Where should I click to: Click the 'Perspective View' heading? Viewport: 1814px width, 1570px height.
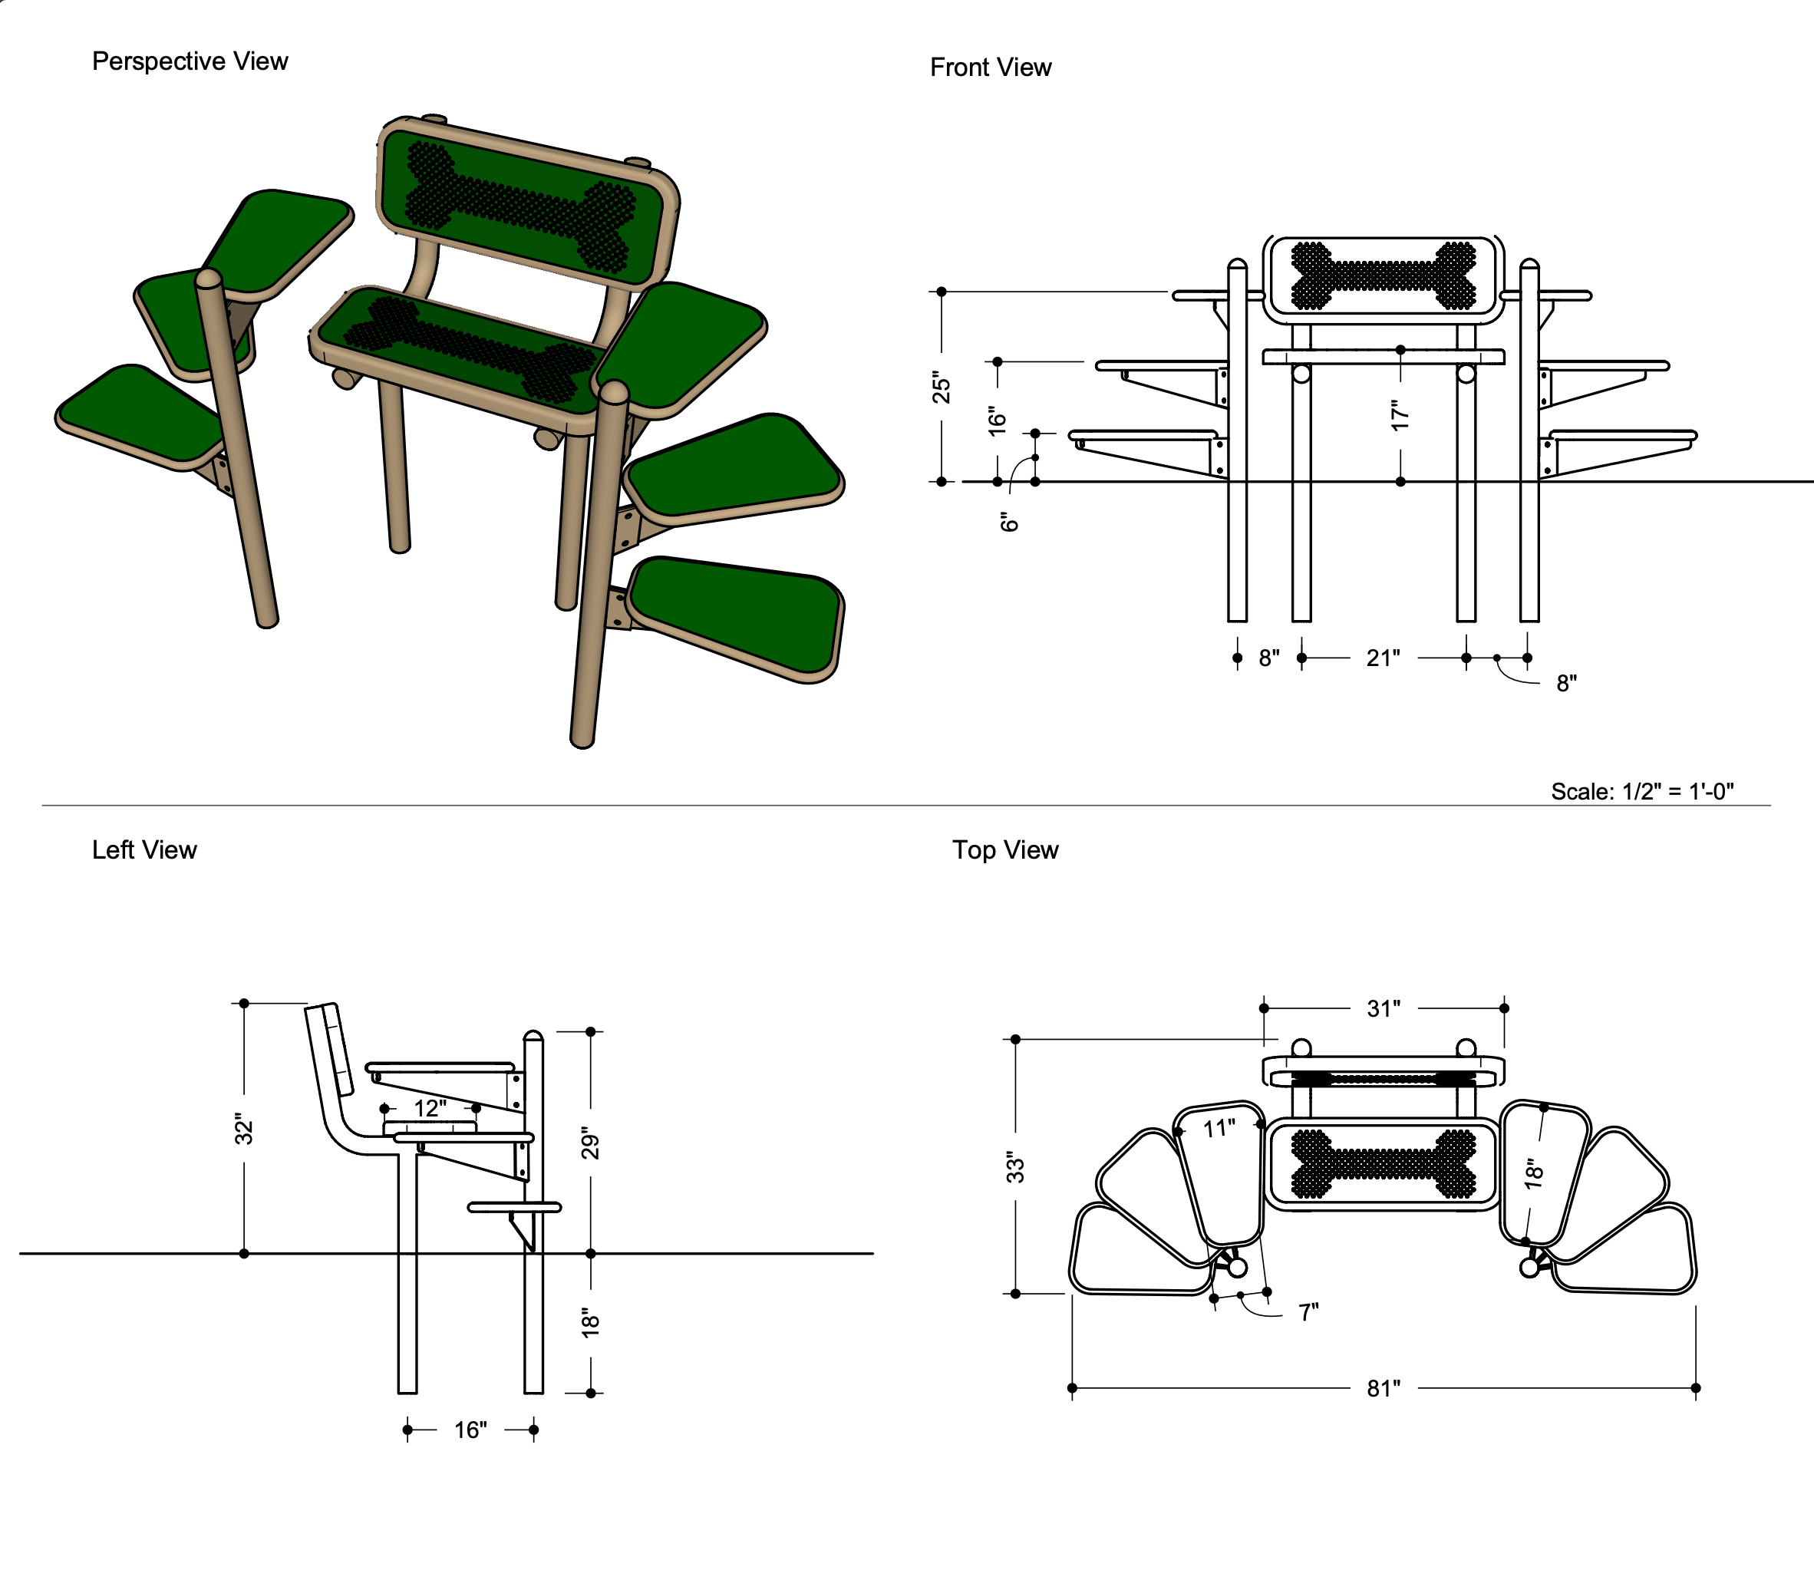click(x=190, y=61)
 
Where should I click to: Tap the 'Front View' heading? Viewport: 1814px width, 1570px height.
click(x=990, y=68)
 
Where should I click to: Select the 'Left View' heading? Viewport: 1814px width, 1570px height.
click(x=144, y=849)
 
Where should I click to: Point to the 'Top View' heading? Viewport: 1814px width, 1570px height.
click(x=1004, y=849)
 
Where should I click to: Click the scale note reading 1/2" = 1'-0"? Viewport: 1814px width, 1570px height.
click(x=1641, y=791)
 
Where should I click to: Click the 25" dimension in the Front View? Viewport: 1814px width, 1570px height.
click(x=942, y=387)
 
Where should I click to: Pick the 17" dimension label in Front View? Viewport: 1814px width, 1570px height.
click(x=1400, y=414)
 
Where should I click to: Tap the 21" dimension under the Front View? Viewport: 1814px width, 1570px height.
click(x=1382, y=658)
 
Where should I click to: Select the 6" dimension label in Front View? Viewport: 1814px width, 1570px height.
click(x=1010, y=522)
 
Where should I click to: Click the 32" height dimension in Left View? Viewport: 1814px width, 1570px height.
click(x=244, y=1130)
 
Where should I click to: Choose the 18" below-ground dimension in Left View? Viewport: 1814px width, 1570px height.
click(x=591, y=1323)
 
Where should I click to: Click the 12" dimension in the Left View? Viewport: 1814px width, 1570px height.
click(x=430, y=1108)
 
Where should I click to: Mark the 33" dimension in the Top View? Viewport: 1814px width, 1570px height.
click(x=1015, y=1168)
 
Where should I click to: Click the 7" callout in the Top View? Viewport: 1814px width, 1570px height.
click(x=1308, y=1311)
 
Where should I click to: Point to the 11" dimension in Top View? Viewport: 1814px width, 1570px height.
click(x=1219, y=1129)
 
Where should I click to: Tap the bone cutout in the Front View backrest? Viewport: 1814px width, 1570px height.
click(x=1383, y=275)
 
